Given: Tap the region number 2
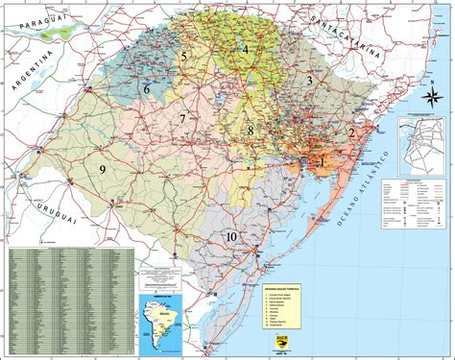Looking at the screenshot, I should pyautogui.click(x=352, y=133).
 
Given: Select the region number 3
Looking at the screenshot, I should pyautogui.click(x=309, y=82).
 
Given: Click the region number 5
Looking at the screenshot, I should pyautogui.click(x=182, y=57).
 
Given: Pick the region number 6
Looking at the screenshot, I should pyautogui.click(x=147, y=88).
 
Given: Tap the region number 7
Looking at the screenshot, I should pyautogui.click(x=181, y=118).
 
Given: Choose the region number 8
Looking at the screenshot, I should pyautogui.click(x=251, y=131).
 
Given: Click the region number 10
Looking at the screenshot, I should pyautogui.click(x=231, y=236).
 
